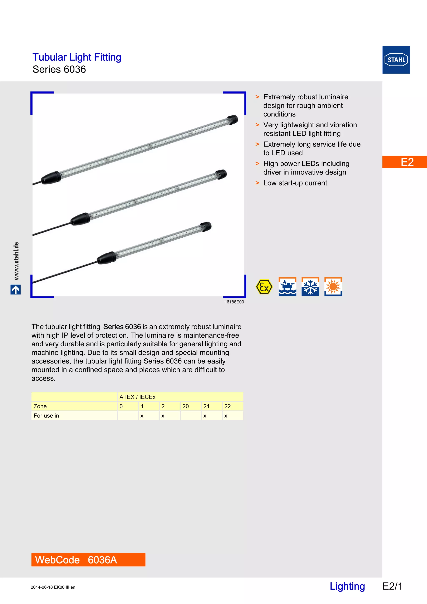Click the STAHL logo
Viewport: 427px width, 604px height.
tap(396, 60)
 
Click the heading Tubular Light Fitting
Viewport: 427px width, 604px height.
tap(77, 57)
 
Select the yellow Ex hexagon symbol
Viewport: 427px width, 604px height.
tap(264, 287)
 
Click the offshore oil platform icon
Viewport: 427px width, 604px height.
tap(287, 287)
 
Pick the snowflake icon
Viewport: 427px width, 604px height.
tap(310, 287)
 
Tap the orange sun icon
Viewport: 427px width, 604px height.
tap(333, 287)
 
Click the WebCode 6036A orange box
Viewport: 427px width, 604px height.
tap(88, 560)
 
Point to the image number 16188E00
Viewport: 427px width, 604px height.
tap(234, 302)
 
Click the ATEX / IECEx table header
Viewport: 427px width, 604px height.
tap(137, 397)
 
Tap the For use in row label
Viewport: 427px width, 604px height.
tap(46, 416)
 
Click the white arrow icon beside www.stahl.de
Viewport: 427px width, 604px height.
tap(15, 290)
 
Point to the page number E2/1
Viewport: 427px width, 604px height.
tap(392, 586)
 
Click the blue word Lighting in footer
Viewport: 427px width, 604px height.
tap(347, 586)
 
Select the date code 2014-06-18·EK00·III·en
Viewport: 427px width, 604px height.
tap(53, 587)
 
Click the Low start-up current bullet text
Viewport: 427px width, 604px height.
tap(295, 183)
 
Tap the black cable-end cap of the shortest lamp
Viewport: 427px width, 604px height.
tap(107, 258)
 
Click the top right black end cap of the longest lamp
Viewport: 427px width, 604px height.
tap(232, 119)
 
